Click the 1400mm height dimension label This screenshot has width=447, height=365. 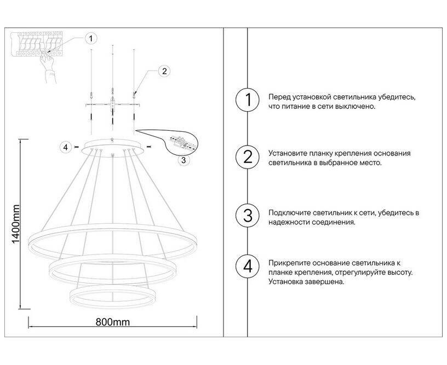(x=16, y=224)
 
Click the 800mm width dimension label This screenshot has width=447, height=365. (x=113, y=322)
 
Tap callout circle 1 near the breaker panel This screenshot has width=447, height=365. (x=91, y=38)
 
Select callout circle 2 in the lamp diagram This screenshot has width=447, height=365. (x=164, y=71)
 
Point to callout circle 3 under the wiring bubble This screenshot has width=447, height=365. (x=184, y=160)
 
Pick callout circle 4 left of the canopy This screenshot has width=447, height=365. (x=66, y=148)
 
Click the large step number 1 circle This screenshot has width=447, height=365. (x=248, y=100)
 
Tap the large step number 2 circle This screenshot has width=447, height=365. (x=248, y=157)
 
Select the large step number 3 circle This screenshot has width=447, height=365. (x=248, y=216)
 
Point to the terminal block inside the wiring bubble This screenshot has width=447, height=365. (x=181, y=143)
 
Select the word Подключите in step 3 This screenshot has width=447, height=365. (x=289, y=213)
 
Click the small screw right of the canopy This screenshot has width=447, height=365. (x=148, y=146)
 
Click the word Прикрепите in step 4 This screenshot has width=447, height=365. (x=289, y=263)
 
